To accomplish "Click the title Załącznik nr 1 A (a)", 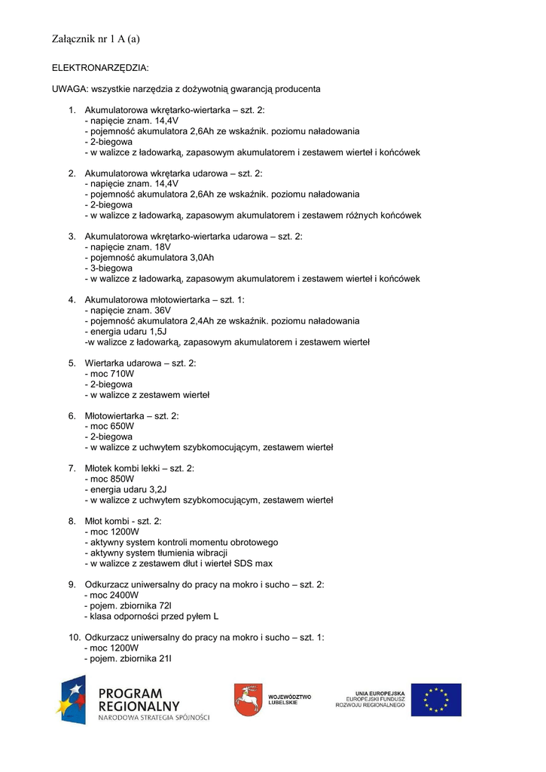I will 96,38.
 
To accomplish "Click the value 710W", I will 122,373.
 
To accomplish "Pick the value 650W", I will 122,426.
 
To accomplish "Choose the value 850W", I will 122,479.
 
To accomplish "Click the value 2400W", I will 124,595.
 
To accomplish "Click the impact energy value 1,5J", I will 158,331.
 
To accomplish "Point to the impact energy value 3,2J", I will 158,489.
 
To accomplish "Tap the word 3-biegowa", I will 111,268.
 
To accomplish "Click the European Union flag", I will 436,700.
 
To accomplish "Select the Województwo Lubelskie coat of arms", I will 246,700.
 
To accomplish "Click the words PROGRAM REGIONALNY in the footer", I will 139,700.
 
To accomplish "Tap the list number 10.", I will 73,637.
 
